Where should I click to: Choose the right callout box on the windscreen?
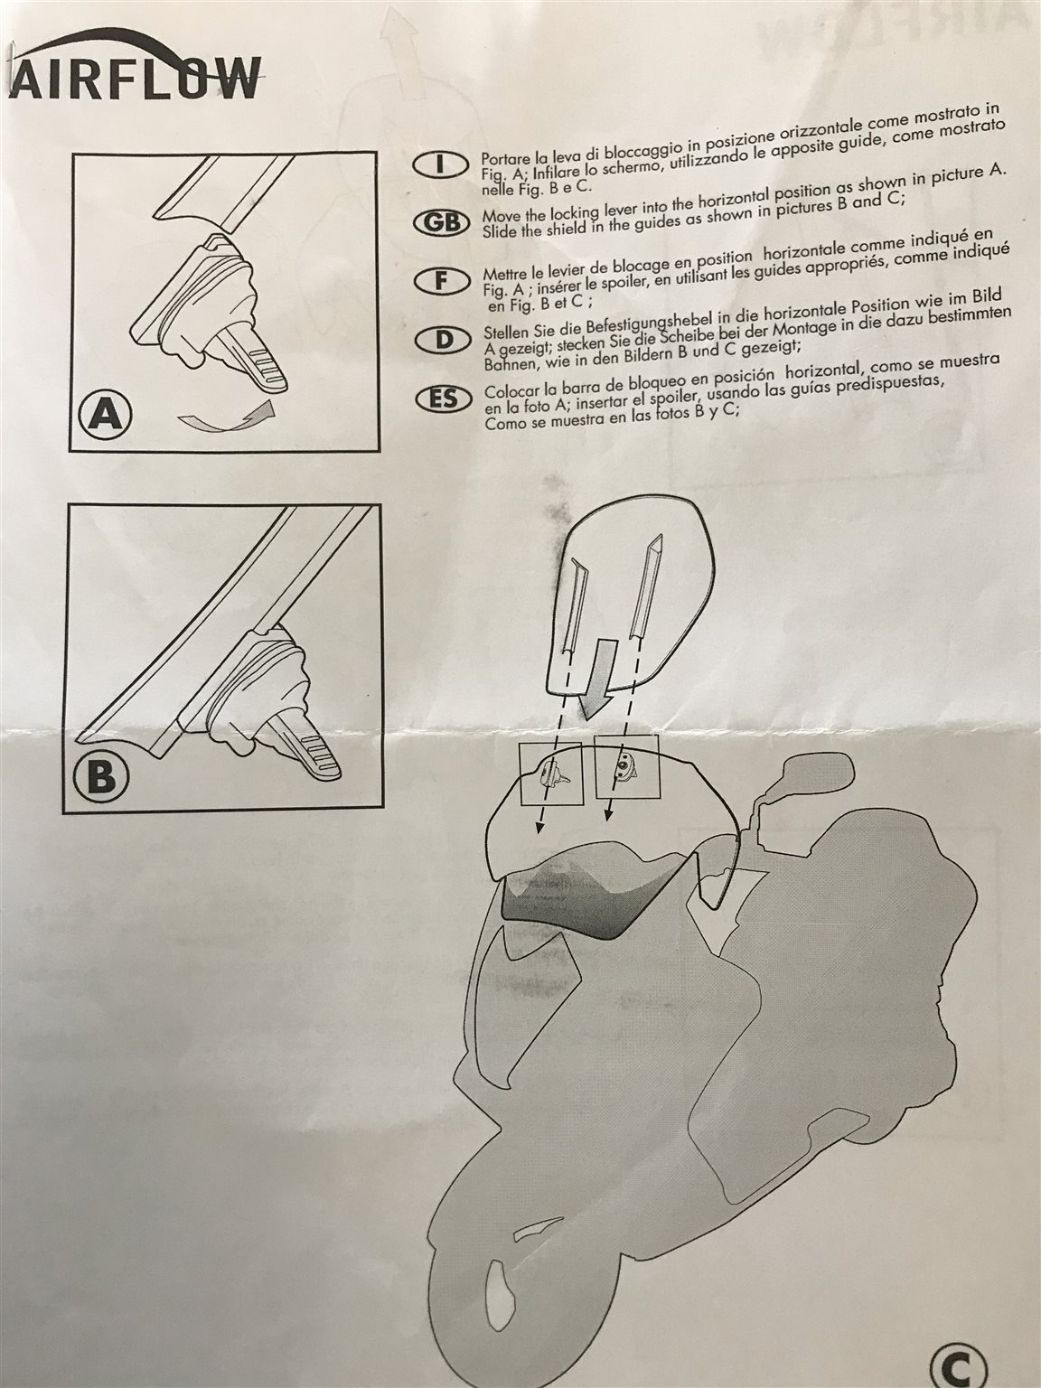[627, 767]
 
